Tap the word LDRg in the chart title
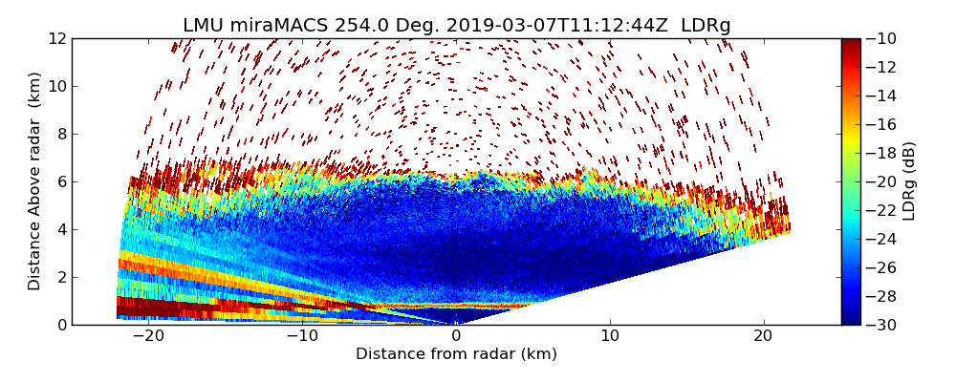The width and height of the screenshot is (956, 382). click(x=706, y=26)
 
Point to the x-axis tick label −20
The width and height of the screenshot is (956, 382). click(x=148, y=336)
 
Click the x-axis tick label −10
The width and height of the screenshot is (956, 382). click(x=302, y=336)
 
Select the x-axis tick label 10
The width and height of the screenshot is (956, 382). click(x=610, y=336)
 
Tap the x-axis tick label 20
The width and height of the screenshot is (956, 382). click(x=763, y=336)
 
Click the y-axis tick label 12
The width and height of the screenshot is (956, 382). click(x=58, y=39)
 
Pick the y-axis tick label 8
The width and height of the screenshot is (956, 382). click(x=61, y=135)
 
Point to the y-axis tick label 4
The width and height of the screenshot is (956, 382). click(x=61, y=230)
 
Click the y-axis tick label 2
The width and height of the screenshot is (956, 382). click(x=61, y=278)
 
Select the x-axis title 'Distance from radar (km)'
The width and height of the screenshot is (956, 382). click(x=456, y=354)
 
